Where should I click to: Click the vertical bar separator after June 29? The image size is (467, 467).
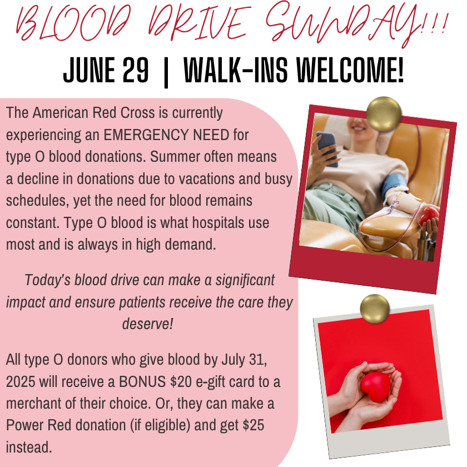tap(166, 72)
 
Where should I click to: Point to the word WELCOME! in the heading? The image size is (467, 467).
tap(350, 71)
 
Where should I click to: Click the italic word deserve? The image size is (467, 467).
tap(148, 324)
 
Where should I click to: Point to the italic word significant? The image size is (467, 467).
tap(245, 280)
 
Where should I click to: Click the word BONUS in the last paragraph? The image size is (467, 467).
tap(142, 381)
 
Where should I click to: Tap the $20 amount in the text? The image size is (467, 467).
tap(181, 381)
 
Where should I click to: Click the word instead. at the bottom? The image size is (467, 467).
tap(29, 447)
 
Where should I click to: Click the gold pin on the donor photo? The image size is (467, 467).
tap(384, 114)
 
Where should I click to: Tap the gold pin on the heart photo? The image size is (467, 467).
tap(375, 309)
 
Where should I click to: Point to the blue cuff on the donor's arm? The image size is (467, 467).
tap(395, 185)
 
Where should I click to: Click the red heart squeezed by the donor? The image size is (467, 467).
tap(429, 216)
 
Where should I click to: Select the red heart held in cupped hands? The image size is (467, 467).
tap(375, 386)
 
